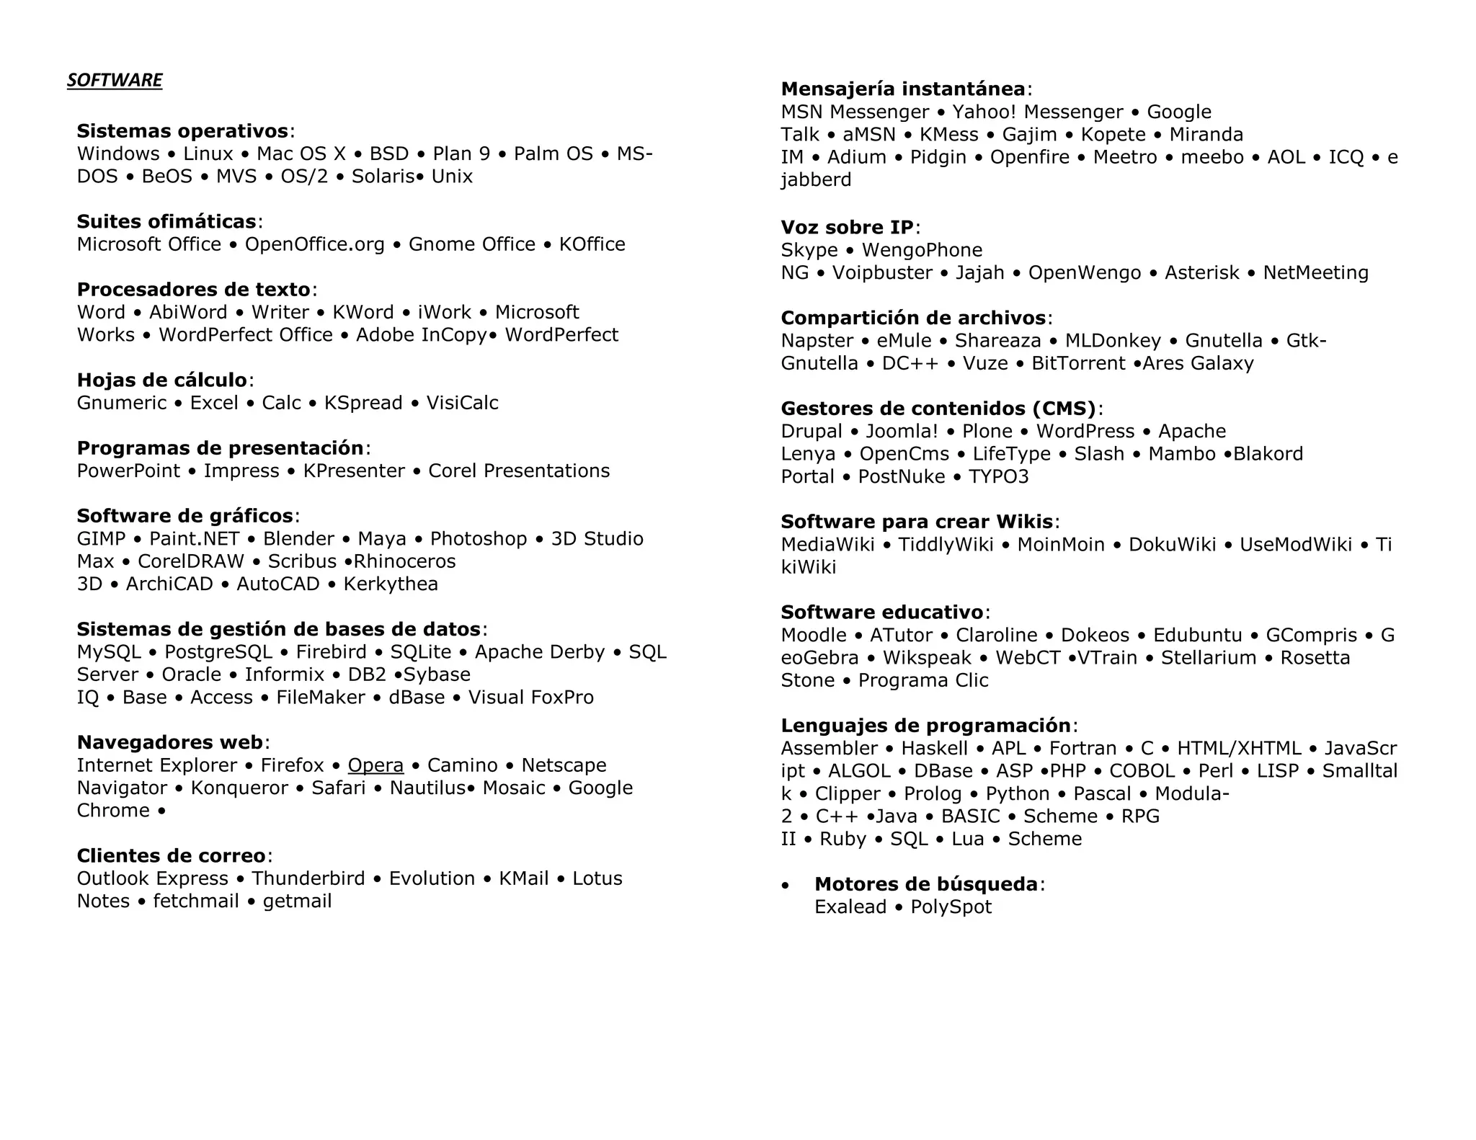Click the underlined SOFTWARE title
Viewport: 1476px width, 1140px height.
click(115, 80)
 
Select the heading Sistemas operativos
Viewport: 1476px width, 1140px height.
click(182, 131)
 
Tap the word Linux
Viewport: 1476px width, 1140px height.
click(208, 153)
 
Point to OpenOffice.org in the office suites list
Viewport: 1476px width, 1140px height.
click(314, 244)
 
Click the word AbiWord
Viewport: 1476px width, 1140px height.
click(187, 312)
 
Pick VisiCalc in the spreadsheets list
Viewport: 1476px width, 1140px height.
click(462, 403)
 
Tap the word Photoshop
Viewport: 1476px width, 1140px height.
click(479, 539)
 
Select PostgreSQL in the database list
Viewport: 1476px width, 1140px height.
click(218, 652)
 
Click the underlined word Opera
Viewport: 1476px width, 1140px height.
click(375, 765)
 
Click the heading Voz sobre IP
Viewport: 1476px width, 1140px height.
click(847, 228)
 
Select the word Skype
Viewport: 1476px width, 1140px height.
click(809, 250)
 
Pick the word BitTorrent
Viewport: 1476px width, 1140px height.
click(1078, 363)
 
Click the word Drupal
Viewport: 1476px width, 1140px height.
click(811, 431)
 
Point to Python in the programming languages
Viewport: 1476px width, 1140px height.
click(1017, 793)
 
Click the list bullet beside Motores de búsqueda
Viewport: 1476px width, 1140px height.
click(786, 886)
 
